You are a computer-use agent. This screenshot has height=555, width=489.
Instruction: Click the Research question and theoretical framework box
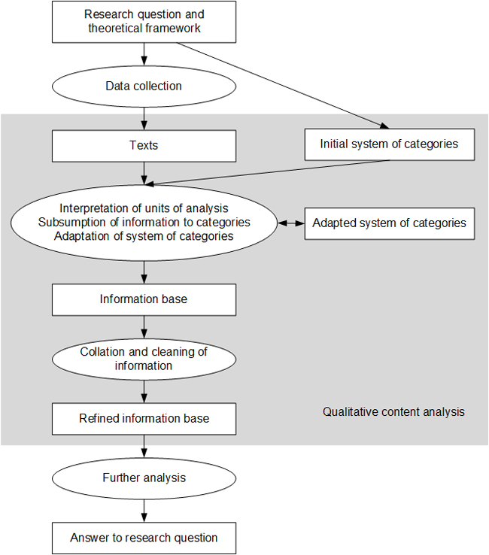[144, 22]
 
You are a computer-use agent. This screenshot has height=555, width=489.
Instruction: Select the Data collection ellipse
[144, 86]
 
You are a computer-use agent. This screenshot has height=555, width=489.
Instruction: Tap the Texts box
[144, 145]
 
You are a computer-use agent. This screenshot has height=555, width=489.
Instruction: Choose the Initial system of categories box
[389, 144]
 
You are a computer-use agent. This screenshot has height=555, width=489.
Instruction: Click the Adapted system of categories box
[389, 223]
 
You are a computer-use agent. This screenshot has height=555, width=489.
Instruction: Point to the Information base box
[144, 299]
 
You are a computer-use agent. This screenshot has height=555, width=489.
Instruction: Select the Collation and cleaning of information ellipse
[144, 359]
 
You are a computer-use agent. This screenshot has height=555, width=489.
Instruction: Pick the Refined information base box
[144, 418]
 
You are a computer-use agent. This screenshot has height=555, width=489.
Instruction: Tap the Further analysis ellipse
[144, 478]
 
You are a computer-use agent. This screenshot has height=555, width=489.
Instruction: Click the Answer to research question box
[144, 538]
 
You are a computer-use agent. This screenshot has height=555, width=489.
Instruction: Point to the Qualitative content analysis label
[393, 412]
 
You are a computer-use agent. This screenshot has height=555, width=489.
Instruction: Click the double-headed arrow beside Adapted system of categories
[290, 223]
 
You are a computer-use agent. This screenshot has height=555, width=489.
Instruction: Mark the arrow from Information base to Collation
[144, 326]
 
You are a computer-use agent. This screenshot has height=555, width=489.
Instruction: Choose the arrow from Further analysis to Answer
[144, 508]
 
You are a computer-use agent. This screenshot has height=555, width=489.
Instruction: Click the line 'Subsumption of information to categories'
[144, 223]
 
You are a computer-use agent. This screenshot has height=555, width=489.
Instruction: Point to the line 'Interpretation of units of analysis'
[144, 208]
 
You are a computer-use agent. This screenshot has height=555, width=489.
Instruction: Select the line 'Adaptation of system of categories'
[144, 236]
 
